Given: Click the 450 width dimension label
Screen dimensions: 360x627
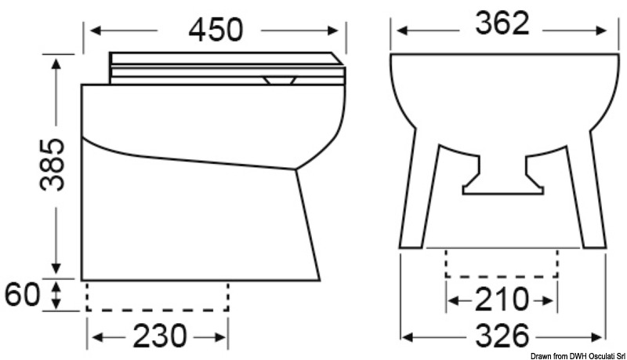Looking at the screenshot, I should (214, 29).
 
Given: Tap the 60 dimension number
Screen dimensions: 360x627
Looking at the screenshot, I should (23, 296).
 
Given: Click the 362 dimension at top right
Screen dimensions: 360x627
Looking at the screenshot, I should (502, 26).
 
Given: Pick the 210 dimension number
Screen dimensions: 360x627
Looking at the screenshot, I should (502, 299).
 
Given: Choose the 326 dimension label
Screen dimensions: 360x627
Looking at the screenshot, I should (502, 336).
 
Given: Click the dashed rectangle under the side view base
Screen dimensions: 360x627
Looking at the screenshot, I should (157, 296).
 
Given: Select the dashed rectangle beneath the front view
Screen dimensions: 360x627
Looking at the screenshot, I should (502, 264).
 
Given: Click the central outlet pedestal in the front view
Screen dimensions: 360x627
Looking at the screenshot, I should (502, 176).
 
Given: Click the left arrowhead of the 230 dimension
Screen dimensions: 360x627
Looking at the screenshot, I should (92, 337).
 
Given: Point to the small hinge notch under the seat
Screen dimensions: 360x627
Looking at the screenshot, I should (279, 79).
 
